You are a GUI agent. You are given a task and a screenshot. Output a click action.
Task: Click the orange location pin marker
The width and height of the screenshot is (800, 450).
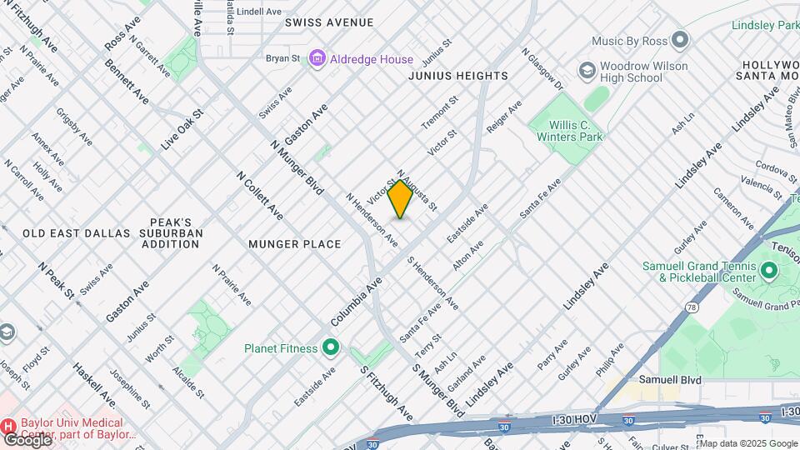tap(400, 198)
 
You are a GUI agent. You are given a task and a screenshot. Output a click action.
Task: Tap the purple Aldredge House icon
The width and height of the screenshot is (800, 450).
tap(317, 58)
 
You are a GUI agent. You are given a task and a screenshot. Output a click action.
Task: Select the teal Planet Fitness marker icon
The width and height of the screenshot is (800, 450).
tap(331, 347)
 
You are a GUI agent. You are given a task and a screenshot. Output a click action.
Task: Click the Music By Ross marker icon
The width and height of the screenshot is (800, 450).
tap(681, 40)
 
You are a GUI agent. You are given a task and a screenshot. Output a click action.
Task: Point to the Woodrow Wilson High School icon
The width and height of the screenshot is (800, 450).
tap(587, 71)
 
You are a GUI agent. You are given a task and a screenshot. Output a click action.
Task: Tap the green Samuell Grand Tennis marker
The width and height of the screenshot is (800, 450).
tap(767, 272)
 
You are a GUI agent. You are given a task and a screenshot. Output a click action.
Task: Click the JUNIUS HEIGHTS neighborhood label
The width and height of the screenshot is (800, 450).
tap(457, 76)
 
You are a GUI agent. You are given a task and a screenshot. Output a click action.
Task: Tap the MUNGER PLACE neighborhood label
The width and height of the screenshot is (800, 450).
tap(295, 244)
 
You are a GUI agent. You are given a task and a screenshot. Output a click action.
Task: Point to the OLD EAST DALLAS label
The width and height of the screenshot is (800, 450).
tap(77, 233)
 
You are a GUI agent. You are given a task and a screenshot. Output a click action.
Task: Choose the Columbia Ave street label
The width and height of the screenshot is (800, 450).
tap(356, 301)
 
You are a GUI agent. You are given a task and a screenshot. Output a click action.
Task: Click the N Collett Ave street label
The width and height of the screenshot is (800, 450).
tap(259, 196)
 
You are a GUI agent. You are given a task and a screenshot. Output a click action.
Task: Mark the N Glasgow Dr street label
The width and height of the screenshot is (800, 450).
tap(542, 69)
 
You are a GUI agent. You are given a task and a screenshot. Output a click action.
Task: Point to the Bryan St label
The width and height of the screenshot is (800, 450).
tap(282, 58)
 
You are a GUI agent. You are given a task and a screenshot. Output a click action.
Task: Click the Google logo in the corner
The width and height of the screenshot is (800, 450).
tap(27, 439)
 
